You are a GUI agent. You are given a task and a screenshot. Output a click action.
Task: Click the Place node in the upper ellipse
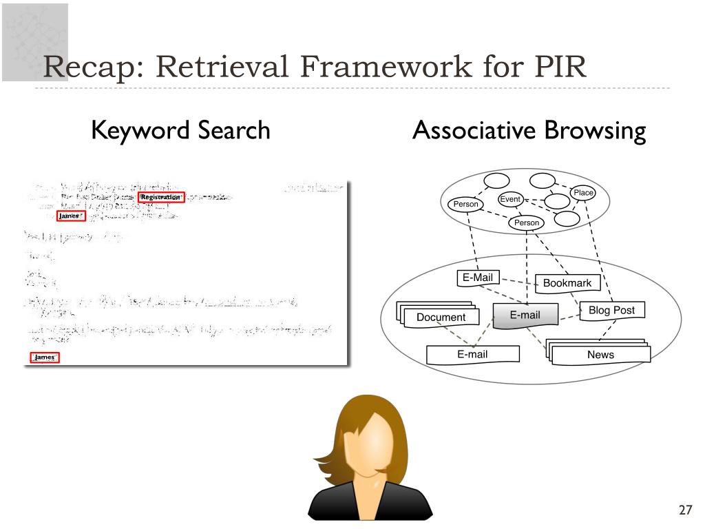[583, 193]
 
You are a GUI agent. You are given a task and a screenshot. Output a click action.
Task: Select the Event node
[510, 199]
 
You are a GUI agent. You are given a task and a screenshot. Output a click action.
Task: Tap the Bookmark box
[567, 283]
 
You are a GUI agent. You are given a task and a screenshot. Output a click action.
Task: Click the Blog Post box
[611, 311]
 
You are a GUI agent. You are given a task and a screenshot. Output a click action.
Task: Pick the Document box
[441, 318]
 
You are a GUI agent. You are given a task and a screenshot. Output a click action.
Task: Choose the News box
[600, 355]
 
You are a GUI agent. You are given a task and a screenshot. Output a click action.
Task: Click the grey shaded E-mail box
[525, 315]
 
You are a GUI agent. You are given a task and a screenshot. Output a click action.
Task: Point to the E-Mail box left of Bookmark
[478, 278]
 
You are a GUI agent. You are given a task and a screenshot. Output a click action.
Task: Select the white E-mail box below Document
[472, 354]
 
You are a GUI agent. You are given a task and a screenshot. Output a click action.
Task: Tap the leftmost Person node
[465, 205]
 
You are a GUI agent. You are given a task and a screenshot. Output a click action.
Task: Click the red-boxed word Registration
[161, 197]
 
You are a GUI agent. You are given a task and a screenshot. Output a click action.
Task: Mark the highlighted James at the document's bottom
[45, 357]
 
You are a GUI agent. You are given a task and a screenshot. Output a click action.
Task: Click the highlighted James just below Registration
[71, 216]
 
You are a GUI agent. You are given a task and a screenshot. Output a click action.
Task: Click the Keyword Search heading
[180, 130]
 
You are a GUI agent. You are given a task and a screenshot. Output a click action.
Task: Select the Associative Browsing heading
[529, 130]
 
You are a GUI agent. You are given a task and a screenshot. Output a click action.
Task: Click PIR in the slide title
[558, 68]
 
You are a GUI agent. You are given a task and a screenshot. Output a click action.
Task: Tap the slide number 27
[684, 510]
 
